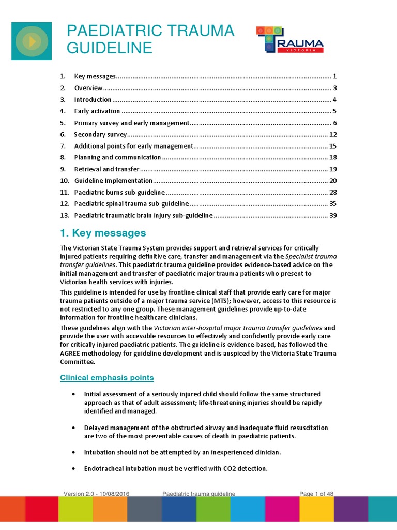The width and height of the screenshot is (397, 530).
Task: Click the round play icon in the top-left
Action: [32, 41]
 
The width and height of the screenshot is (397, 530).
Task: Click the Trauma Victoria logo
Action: [290, 40]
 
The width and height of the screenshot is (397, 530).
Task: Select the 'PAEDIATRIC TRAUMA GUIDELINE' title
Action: [150, 39]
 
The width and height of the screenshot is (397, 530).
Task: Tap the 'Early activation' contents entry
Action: [97, 111]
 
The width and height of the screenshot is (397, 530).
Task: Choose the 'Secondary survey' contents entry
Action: [100, 134]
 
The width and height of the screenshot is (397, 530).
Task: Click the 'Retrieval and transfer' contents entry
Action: [107, 169]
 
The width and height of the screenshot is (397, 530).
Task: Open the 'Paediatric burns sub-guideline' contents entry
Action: [119, 192]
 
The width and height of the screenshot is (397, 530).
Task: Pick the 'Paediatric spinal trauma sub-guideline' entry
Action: [131, 204]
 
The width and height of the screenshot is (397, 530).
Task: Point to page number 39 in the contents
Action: [333, 215]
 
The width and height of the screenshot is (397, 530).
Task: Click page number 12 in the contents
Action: [333, 134]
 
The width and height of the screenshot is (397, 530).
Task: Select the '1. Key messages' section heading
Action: [103, 233]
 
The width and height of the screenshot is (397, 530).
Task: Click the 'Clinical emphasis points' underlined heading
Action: [107, 377]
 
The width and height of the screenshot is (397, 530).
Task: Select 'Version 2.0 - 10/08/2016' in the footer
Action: [97, 494]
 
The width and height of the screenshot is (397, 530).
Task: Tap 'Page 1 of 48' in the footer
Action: [316, 494]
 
